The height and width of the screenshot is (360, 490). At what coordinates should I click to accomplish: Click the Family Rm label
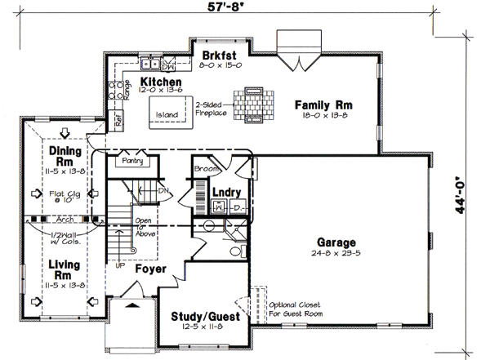point(323,104)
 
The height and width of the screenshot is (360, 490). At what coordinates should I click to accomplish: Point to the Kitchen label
point(160,83)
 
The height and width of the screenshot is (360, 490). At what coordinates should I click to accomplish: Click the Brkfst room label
point(217,56)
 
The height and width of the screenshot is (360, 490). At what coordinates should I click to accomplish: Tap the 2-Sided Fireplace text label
point(212,109)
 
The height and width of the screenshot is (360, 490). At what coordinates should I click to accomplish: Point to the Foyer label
point(151,268)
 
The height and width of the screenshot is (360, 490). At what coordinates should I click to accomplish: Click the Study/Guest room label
point(205,316)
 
